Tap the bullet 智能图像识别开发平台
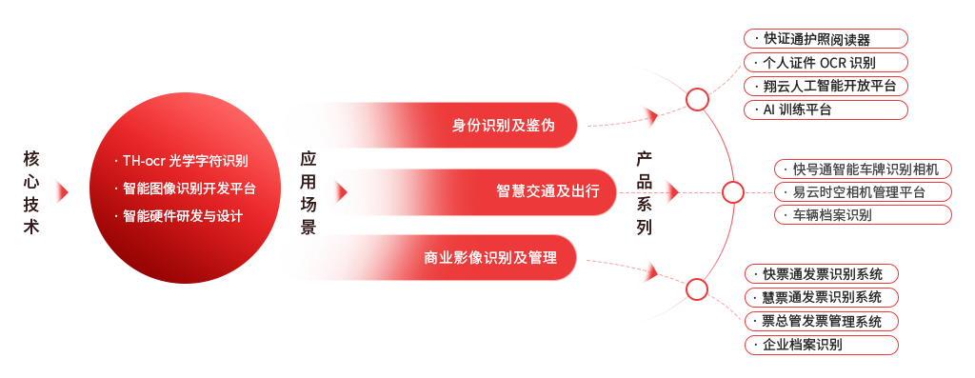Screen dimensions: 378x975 (x=189, y=189)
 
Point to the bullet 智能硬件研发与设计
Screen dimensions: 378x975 (x=183, y=216)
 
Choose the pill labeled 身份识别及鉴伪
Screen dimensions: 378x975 (x=430, y=126)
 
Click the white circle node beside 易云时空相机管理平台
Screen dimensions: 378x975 (x=732, y=192)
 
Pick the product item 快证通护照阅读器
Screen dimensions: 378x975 (x=816, y=40)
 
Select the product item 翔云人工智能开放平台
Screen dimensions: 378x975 (x=829, y=86)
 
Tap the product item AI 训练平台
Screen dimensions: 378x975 (x=797, y=109)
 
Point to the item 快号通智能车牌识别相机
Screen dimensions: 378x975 (x=865, y=169)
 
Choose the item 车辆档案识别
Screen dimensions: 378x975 (x=831, y=215)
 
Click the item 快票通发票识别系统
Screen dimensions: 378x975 (x=822, y=274)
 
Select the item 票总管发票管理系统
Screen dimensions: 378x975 (x=822, y=321)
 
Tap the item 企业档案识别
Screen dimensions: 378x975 (x=801, y=344)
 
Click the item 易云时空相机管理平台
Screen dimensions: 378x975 (x=858, y=192)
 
